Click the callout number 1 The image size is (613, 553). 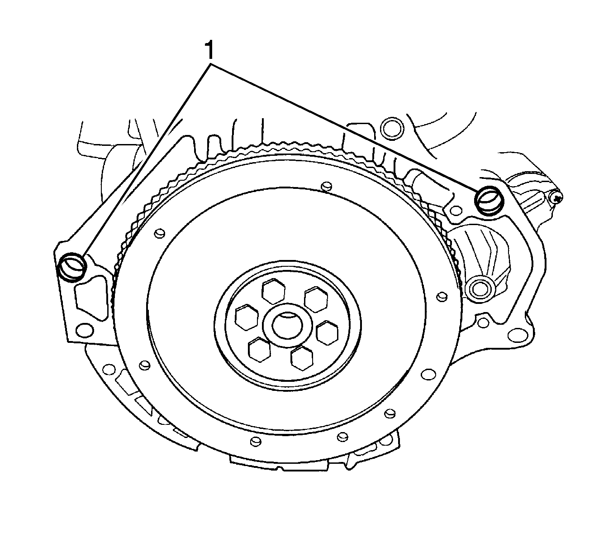[209, 50]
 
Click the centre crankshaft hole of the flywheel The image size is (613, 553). [287, 326]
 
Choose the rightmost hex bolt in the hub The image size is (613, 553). [327, 332]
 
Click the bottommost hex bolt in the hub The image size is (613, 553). [302, 358]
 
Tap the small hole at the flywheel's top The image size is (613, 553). [327, 186]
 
